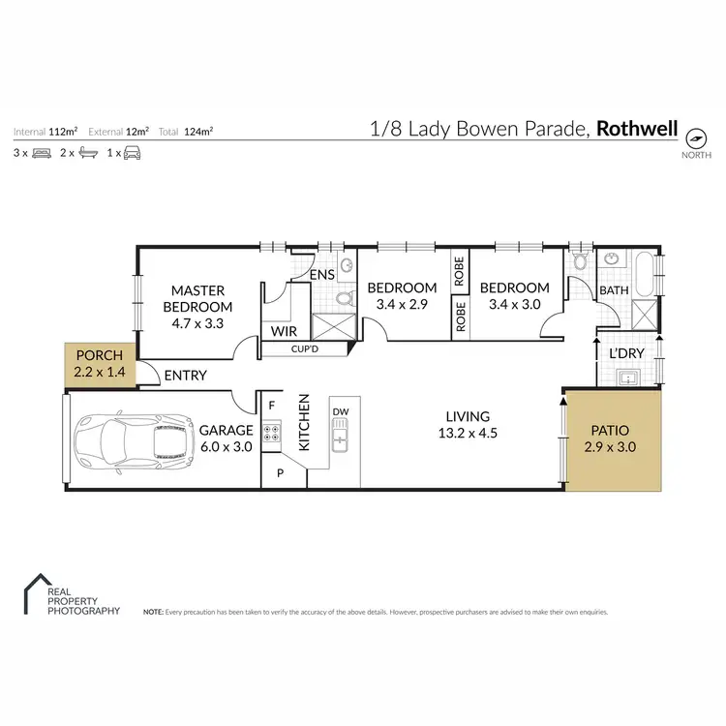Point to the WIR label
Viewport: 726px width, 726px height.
click(x=283, y=331)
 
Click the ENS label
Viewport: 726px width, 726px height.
click(x=322, y=275)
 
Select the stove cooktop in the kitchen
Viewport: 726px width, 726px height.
click(x=272, y=435)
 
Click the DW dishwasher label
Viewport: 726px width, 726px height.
click(x=340, y=411)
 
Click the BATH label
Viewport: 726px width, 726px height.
click(x=614, y=289)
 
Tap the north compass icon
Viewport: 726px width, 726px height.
click(x=696, y=136)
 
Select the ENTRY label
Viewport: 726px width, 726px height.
click(x=185, y=375)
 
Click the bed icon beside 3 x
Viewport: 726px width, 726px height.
click(x=41, y=153)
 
